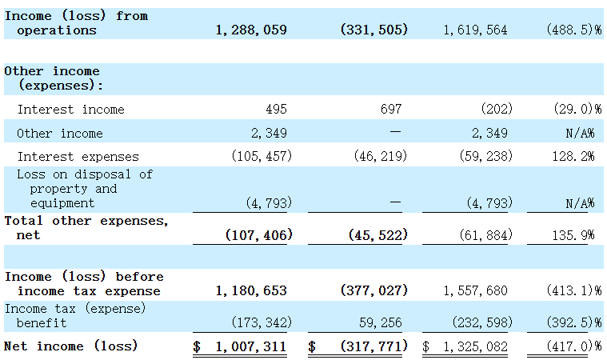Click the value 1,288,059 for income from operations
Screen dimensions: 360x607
[251, 30]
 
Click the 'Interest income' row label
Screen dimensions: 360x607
[70, 109]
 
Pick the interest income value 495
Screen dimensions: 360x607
[276, 109]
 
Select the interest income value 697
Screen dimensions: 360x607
[390, 109]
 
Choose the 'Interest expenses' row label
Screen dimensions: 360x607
[78, 157]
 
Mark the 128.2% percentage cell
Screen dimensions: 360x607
[576, 157]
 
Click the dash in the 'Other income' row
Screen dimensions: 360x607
[395, 133]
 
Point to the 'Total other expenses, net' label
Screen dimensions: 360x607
[86, 228]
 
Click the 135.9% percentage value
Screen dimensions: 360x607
[576, 236]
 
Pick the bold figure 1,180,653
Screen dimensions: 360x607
[251, 291]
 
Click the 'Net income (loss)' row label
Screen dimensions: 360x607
[71, 346]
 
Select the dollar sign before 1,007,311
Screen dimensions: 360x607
[197, 346]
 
